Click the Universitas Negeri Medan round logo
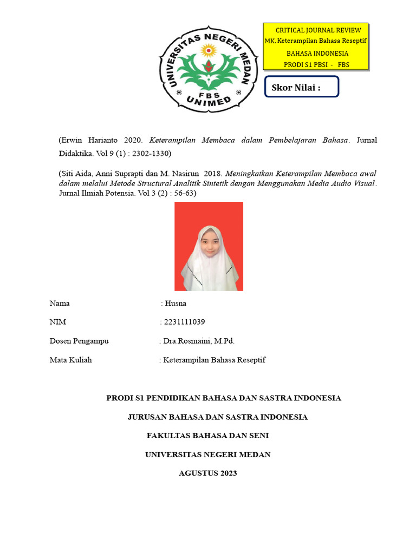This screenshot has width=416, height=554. click(x=207, y=70)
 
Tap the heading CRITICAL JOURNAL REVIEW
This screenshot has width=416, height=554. click(x=318, y=30)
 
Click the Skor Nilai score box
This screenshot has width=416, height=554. click(x=302, y=87)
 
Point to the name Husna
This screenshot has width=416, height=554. click(x=175, y=303)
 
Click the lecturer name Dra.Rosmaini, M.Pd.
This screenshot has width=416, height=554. click(x=199, y=341)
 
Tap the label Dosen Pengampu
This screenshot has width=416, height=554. click(x=79, y=341)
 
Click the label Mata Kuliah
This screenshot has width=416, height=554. click(x=70, y=360)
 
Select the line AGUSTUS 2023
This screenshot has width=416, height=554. click(x=207, y=473)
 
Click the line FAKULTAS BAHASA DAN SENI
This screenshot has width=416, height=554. click(x=207, y=436)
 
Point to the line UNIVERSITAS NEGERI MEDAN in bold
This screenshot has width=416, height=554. click(x=207, y=454)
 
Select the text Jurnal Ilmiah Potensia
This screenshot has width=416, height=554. click(x=95, y=193)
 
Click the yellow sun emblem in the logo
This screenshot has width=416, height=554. click(x=208, y=50)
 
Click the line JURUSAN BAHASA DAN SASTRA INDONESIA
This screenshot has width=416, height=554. click(x=217, y=417)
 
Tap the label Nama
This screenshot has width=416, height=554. click(x=60, y=303)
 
